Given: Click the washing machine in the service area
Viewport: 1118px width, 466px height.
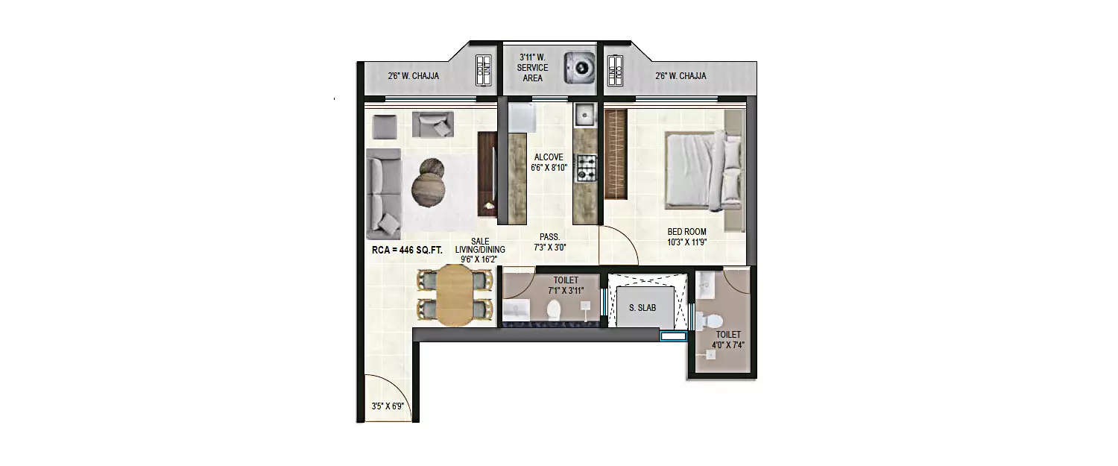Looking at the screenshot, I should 580,67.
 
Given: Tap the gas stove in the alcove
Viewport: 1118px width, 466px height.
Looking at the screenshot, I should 586,169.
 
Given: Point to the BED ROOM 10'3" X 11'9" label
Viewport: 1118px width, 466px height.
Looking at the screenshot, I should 686,236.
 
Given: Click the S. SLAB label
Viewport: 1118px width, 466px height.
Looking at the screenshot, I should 642,307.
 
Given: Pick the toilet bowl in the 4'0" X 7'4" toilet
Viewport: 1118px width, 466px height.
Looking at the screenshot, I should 712,321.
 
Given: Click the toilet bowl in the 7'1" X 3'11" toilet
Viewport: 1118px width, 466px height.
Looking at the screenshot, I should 554,309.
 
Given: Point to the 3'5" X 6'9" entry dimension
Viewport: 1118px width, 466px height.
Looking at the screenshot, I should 387,407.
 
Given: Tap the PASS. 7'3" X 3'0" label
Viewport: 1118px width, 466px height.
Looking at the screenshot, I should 550,242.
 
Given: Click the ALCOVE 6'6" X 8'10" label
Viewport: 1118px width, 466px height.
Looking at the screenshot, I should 549,163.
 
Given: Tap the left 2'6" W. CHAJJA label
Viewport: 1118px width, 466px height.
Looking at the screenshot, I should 413,76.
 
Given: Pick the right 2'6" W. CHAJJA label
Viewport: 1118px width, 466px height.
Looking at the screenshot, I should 680,76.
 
